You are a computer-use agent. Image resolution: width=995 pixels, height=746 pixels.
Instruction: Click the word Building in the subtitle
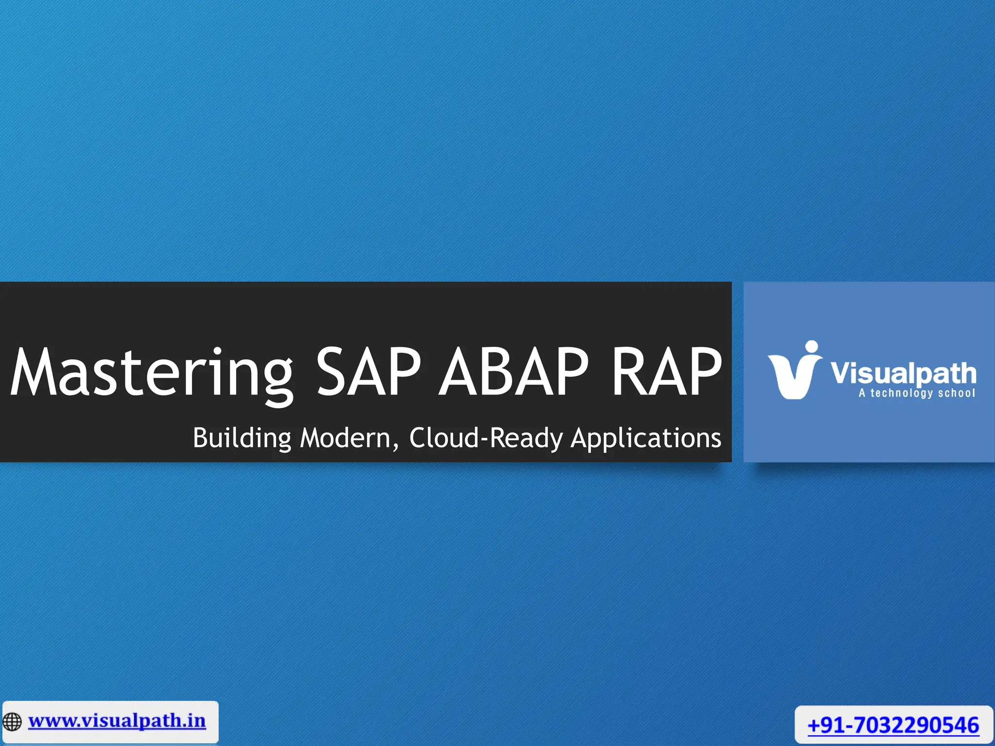(x=242, y=438)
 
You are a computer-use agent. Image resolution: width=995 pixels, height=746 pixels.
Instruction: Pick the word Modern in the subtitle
(x=345, y=438)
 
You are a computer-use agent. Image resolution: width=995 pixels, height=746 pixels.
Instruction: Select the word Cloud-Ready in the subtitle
(x=486, y=438)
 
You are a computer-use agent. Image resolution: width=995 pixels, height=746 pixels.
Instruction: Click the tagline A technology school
(x=916, y=393)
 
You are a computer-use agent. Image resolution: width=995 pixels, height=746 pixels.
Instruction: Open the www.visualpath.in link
(x=117, y=721)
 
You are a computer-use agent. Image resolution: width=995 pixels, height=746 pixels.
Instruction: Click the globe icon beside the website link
(x=12, y=722)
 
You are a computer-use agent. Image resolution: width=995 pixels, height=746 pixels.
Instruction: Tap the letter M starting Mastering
(x=32, y=373)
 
